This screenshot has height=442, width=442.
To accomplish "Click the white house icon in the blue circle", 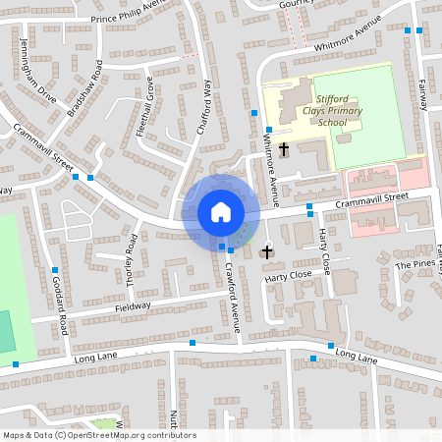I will click(x=221, y=211).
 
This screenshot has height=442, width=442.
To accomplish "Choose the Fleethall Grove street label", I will click(x=146, y=107).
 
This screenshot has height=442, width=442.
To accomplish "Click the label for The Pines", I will click(x=414, y=265).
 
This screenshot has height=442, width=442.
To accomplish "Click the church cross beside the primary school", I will click(x=284, y=149).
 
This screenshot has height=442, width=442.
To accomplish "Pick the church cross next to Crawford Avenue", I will click(x=266, y=252).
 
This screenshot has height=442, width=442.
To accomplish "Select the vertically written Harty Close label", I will click(x=325, y=251).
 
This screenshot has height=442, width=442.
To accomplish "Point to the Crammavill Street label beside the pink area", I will click(x=369, y=199).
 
